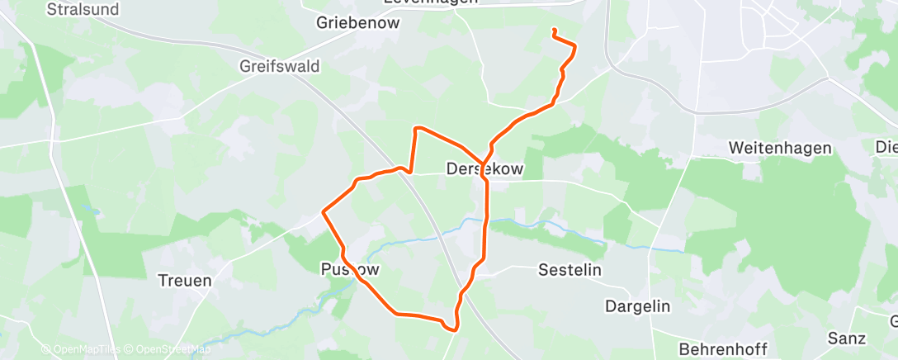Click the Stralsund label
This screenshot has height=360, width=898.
point(83,10)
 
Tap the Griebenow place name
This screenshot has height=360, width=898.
point(357,23)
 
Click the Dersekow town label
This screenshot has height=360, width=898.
point(484,169)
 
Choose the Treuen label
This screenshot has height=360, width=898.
point(185,280)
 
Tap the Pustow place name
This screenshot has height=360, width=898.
point(351,269)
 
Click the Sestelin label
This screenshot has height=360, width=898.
point(570,270)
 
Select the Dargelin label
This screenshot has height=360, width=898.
point(638,306)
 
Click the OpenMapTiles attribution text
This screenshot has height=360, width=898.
point(80,349)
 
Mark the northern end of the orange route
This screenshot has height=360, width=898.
point(553,31)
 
